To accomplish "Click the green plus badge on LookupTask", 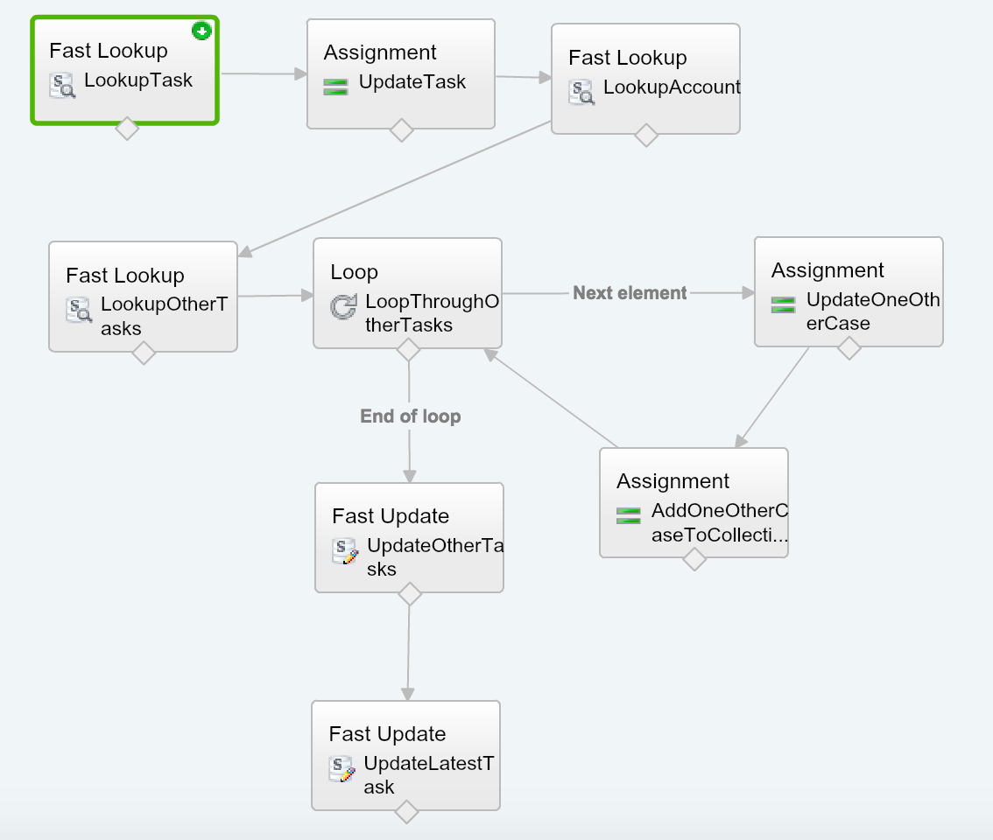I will click(202, 31).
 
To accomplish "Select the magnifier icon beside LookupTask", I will click(62, 85).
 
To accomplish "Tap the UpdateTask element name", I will click(412, 82).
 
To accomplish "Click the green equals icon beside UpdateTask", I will click(336, 86).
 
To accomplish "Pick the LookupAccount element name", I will click(672, 87).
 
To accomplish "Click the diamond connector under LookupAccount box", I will click(646, 135).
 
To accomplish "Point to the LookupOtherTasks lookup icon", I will click(79, 310).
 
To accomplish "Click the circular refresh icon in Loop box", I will click(343, 308).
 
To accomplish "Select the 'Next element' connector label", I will click(630, 293).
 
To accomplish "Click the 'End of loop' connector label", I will click(410, 416).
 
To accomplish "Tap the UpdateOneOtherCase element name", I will click(872, 311).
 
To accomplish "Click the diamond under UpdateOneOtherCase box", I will click(849, 348).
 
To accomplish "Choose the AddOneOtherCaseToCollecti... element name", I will click(719, 523).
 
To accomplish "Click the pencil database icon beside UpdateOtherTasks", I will click(345, 551).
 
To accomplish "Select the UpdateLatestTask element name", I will click(427, 774).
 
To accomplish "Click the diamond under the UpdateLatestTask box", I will click(406, 812).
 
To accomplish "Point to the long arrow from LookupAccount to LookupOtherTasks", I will click(394, 189).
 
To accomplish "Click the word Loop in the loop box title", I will click(354, 272).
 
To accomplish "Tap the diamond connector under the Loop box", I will click(409, 349).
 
